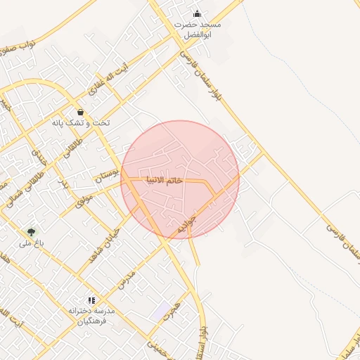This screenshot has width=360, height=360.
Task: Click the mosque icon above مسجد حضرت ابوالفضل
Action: [198, 13]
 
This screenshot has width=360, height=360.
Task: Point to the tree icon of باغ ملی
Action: [30, 231]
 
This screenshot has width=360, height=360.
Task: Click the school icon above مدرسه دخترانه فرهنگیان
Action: [91, 300]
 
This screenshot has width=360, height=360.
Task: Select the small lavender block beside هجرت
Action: [161, 309]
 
